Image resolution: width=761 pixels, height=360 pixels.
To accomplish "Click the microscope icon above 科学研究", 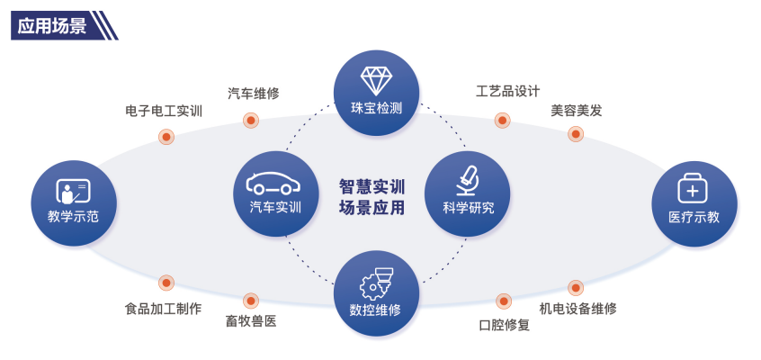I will tap(468, 178).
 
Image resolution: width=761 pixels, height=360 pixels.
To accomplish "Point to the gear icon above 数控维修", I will tap(376, 283).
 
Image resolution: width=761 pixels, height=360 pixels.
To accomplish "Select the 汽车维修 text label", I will tap(253, 94).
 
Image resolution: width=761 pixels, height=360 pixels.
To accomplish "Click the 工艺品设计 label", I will tap(507, 92).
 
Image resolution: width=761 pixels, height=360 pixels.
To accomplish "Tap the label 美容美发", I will tap(576, 111).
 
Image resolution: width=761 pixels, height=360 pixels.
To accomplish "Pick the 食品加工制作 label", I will tap(163, 309).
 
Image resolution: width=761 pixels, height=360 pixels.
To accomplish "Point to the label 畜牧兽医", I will tap(251, 320).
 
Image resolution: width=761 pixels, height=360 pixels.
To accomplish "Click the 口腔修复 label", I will tap(505, 325).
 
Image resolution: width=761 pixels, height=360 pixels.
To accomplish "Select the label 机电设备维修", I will tap(577, 309).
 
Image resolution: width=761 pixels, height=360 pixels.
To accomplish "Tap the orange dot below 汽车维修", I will tap(251, 120).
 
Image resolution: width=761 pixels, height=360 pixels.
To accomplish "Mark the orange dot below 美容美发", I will tap(576, 134).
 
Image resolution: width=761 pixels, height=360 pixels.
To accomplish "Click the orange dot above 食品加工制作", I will tap(166, 283).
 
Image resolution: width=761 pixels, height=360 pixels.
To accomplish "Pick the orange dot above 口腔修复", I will tap(504, 300).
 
